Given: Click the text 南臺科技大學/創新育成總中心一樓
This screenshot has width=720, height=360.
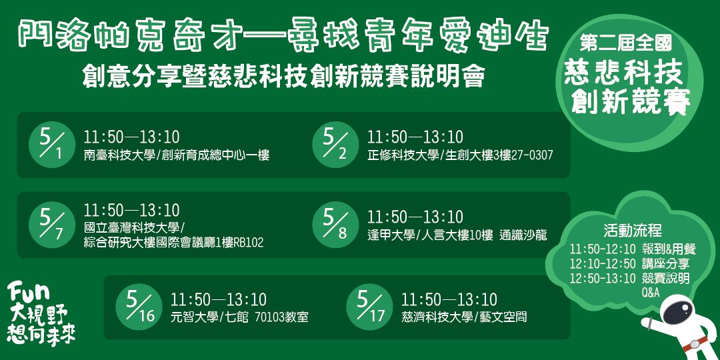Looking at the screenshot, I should (177, 156).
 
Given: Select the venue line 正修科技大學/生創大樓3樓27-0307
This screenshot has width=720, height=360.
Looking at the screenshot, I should (460, 156).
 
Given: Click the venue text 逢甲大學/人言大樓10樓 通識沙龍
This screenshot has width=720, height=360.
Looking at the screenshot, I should (457, 235).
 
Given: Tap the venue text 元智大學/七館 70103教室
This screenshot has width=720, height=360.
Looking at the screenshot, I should (239, 317).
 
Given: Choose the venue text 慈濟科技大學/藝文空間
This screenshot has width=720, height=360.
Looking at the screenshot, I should (464, 317).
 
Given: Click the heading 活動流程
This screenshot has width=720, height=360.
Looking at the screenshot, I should (632, 231).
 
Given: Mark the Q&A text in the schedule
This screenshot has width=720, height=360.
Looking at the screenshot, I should (651, 292).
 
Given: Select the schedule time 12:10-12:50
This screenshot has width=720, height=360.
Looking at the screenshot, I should (603, 263).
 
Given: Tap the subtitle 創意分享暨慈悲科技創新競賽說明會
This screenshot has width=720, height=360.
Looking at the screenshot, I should (283, 75).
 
